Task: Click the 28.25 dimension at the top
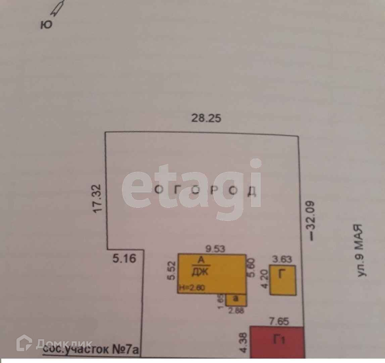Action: tap(206, 118)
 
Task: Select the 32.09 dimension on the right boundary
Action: tap(310, 220)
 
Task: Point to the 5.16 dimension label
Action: tap(124, 259)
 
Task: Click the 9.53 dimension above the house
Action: tap(215, 249)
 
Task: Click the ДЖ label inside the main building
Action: tap(200, 272)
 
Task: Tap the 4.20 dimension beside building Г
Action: tap(264, 280)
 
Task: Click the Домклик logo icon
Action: tap(24, 344)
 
